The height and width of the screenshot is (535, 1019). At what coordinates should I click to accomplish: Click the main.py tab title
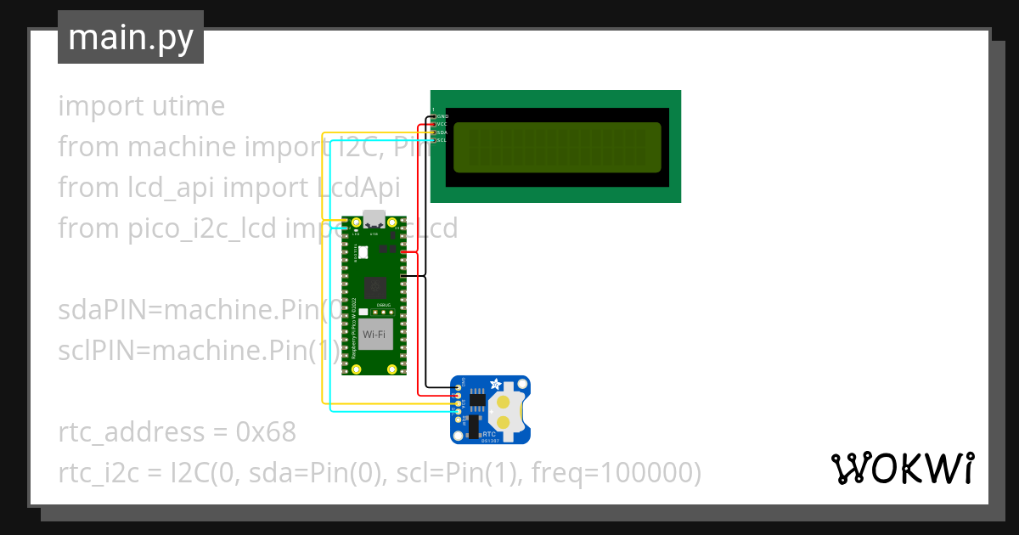(x=130, y=38)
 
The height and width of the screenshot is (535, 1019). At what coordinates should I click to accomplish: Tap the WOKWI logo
(x=902, y=468)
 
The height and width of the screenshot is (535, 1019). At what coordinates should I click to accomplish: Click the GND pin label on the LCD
(x=442, y=115)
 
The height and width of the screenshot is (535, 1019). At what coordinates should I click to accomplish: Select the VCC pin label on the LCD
(x=442, y=124)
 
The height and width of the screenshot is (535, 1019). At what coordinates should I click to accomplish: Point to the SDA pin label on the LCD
(x=442, y=132)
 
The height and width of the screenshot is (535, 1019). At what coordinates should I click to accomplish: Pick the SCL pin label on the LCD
(x=442, y=140)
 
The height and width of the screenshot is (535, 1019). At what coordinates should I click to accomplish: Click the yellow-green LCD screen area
(x=556, y=145)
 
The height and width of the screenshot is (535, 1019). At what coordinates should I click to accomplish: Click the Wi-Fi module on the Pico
(x=374, y=335)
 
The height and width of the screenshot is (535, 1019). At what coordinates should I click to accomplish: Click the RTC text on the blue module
(x=488, y=432)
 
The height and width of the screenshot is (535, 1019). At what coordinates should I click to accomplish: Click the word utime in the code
(x=183, y=107)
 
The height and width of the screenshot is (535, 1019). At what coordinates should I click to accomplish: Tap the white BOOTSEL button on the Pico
(x=363, y=251)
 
